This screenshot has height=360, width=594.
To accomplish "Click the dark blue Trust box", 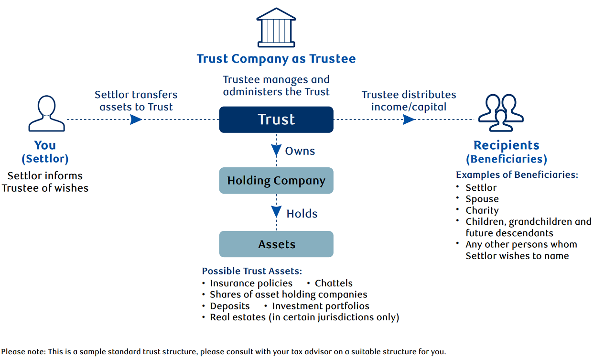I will [276, 120].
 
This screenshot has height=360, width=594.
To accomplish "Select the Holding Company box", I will [276, 181].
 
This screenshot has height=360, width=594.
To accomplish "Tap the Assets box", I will [276, 244].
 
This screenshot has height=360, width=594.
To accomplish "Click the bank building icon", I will [276, 27].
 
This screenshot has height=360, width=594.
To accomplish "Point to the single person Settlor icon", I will [46, 114].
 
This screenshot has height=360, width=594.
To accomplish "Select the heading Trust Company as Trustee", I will [276, 59].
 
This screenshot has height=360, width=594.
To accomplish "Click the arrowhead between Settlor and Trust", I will [136, 120].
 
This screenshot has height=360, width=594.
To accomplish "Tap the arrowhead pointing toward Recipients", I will [409, 120].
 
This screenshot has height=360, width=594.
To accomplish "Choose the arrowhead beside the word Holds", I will [276, 212].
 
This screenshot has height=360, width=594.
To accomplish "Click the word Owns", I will [300, 151].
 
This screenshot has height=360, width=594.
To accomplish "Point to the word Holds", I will [302, 214].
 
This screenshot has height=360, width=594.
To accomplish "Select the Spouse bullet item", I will [482, 199].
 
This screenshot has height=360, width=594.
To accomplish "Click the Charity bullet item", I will [482, 210].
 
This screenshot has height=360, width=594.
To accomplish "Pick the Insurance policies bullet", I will [251, 284].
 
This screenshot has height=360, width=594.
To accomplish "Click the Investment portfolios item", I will [320, 306].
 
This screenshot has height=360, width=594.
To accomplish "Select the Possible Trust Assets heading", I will [252, 271].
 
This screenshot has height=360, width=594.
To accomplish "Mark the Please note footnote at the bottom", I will [223, 352].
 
